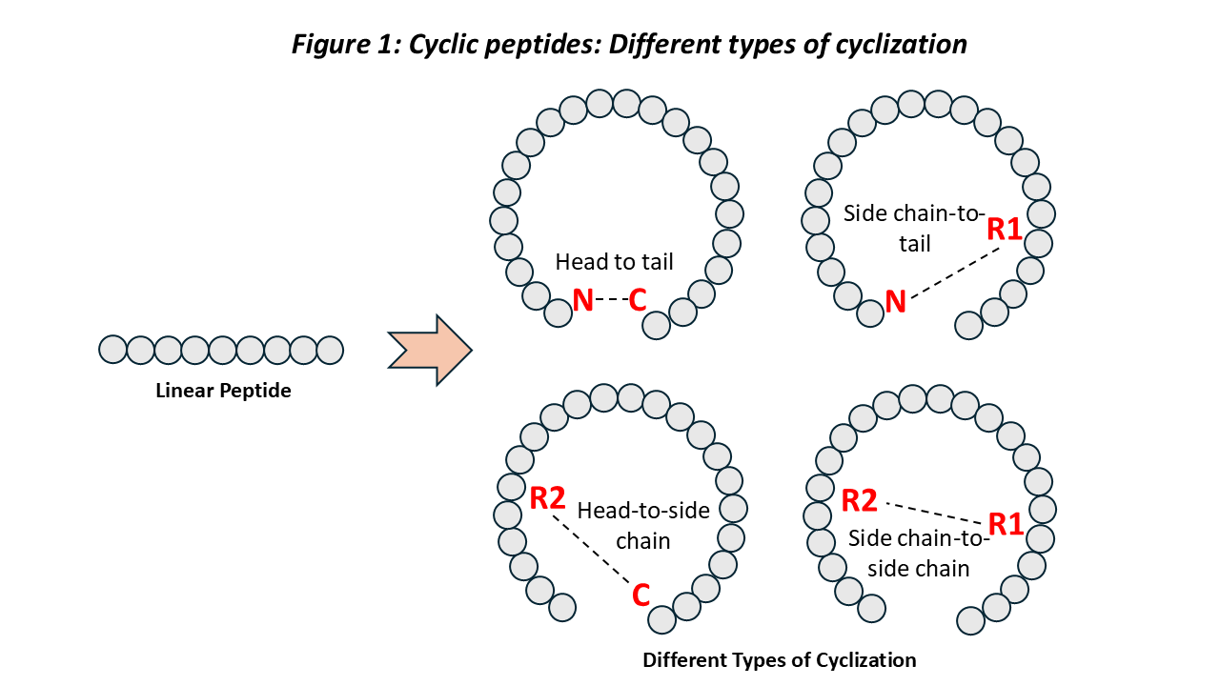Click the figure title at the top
point(629,44)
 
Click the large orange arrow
point(430,350)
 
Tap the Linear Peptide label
point(223,391)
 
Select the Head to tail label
point(614,262)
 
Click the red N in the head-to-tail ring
point(583,300)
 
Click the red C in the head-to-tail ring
point(638,300)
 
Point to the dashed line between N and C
point(611,300)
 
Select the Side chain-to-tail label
point(914,229)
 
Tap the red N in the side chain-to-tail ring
point(896,302)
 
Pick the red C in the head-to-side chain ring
point(640,596)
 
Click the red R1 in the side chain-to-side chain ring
point(1006,524)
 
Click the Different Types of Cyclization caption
point(779,660)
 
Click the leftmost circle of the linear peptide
point(112,350)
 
